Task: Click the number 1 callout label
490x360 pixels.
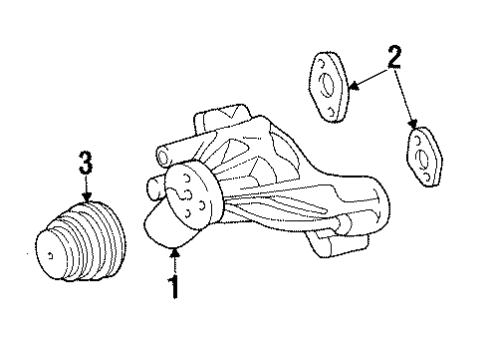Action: (x=173, y=288)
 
